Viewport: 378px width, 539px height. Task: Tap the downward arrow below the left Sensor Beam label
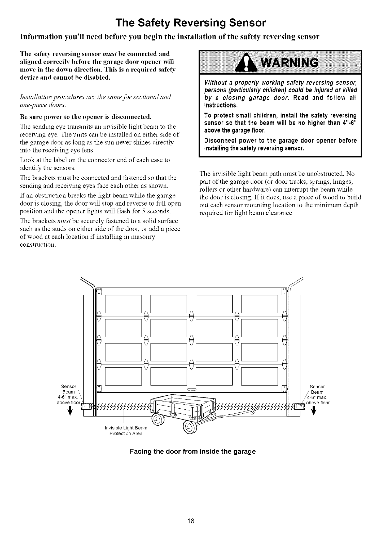click(69, 412)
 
